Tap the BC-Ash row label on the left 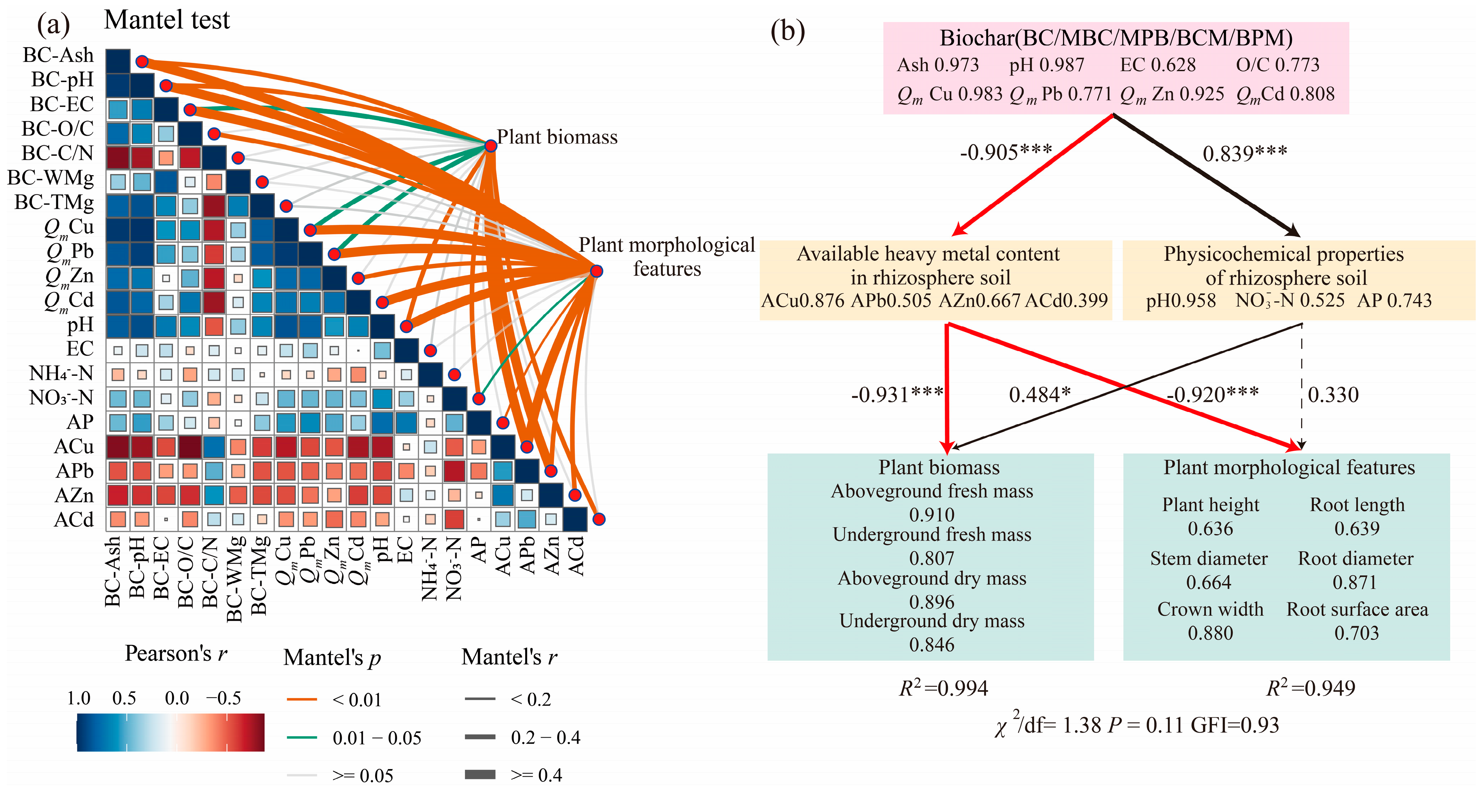click(x=58, y=55)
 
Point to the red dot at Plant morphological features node click(x=596, y=271)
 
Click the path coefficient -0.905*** click(x=1006, y=153)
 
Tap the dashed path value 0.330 click(x=1333, y=395)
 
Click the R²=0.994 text click(x=943, y=688)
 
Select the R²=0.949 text click(x=1311, y=688)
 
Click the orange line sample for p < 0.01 click(x=302, y=700)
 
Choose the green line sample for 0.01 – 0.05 click(x=302, y=737)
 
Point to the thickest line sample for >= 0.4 click(x=480, y=775)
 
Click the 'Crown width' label click(x=1210, y=609)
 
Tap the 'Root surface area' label click(x=1357, y=609)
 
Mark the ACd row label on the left click(x=74, y=520)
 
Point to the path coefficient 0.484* click(x=1039, y=395)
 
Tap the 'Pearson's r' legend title click(x=176, y=654)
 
